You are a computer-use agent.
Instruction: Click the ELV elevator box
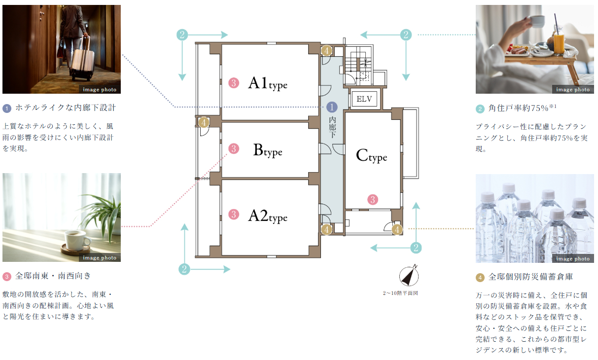point(364,99)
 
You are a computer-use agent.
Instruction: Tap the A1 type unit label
point(268,83)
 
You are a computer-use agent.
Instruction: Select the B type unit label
point(268,150)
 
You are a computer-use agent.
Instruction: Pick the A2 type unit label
point(268,216)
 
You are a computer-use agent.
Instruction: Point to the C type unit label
point(371,156)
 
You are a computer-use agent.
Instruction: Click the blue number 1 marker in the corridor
point(332,107)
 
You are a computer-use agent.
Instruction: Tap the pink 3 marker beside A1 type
point(234,83)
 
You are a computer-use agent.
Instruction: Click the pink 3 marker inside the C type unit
point(373,200)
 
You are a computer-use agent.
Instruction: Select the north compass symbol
point(409,275)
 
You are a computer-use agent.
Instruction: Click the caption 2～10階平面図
point(400,293)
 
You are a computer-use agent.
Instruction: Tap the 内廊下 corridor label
point(332,127)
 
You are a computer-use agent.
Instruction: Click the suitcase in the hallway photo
point(82,62)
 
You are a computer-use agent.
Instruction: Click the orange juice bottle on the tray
point(558,41)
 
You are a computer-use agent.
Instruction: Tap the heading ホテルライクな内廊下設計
point(66,108)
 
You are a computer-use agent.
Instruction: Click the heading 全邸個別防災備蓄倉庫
point(531,277)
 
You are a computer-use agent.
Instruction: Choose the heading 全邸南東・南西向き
point(53,276)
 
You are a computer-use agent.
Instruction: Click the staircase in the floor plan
point(358,66)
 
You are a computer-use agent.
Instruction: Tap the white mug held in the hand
point(537,21)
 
